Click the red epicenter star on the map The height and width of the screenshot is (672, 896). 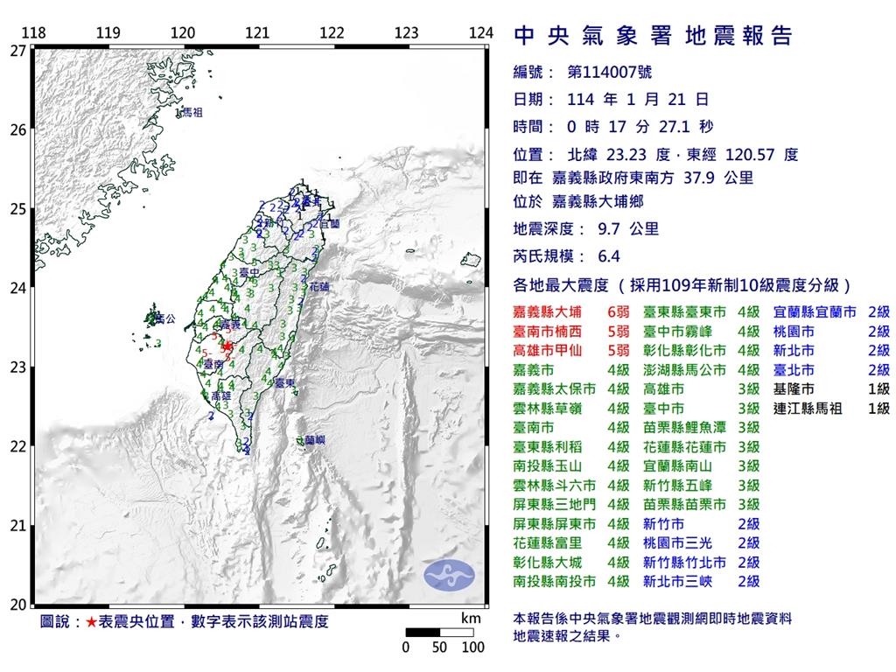tap(227, 346)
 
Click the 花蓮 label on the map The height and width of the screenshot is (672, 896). tap(320, 286)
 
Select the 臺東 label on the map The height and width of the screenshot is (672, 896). tap(282, 383)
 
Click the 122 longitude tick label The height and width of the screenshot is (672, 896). tap(332, 33)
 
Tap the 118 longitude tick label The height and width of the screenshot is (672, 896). tap(33, 33)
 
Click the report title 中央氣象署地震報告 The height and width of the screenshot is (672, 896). tap(652, 35)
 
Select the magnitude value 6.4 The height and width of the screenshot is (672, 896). tap(607, 257)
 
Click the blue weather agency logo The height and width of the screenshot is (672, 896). tap(449, 575)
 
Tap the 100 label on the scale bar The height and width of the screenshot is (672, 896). tap(472, 648)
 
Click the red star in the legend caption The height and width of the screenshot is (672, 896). tap(92, 622)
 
